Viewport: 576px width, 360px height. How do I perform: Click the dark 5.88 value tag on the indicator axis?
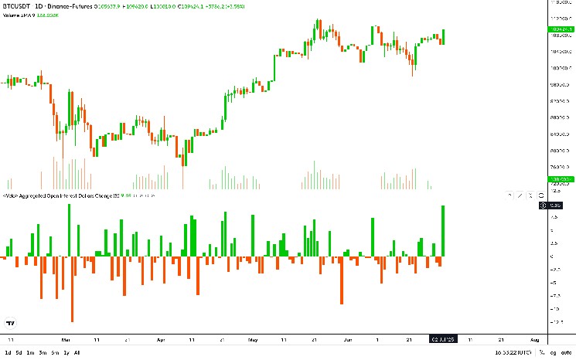(x=555, y=205)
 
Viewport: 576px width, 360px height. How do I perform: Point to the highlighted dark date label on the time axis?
(x=444, y=339)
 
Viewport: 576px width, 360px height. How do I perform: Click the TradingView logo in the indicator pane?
(x=11, y=322)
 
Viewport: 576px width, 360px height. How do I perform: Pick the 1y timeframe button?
(x=66, y=353)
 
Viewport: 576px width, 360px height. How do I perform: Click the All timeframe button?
(x=77, y=353)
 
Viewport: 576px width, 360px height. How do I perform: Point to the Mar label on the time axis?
(x=66, y=339)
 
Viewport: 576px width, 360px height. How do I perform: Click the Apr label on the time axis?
(x=161, y=339)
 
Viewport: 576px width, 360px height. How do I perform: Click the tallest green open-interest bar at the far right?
(x=444, y=230)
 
